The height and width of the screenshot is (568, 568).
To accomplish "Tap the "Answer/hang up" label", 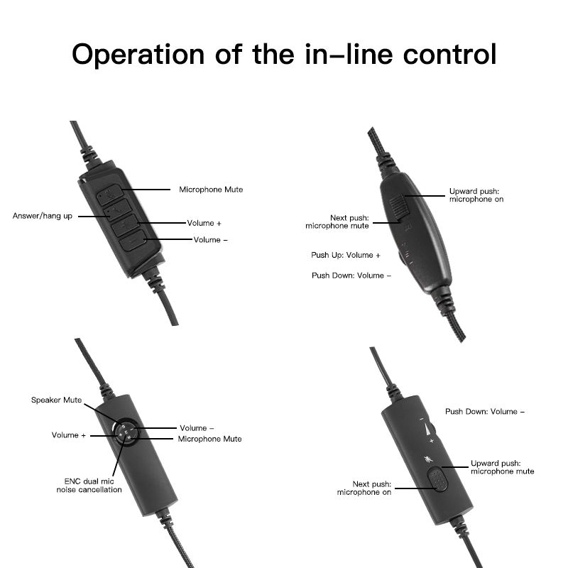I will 43,216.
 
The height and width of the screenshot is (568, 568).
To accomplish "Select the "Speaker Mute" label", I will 56,400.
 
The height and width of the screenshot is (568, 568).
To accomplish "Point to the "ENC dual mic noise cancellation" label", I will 89,486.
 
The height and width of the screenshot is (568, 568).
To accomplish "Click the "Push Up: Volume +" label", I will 346,255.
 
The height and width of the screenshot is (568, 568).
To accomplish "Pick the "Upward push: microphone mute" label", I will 502,467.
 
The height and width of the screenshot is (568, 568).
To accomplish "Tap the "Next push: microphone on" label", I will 364,488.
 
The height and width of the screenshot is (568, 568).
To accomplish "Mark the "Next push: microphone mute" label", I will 337,222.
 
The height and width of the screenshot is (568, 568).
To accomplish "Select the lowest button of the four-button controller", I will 133,243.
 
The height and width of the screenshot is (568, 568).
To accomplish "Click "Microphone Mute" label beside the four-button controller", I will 211,190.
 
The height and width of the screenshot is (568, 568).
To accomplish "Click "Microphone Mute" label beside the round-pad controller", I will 209,439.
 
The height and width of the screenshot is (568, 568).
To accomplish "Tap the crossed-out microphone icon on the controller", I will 428,459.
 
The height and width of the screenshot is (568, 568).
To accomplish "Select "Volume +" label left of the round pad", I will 68,435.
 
